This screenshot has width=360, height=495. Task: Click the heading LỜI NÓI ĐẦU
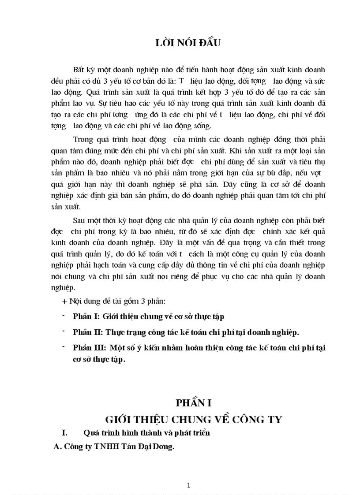pos(188,43)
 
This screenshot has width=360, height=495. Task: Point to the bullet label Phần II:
pos(87,332)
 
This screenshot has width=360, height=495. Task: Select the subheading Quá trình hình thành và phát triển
pos(146,433)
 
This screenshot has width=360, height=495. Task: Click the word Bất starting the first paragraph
pos(79,70)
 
